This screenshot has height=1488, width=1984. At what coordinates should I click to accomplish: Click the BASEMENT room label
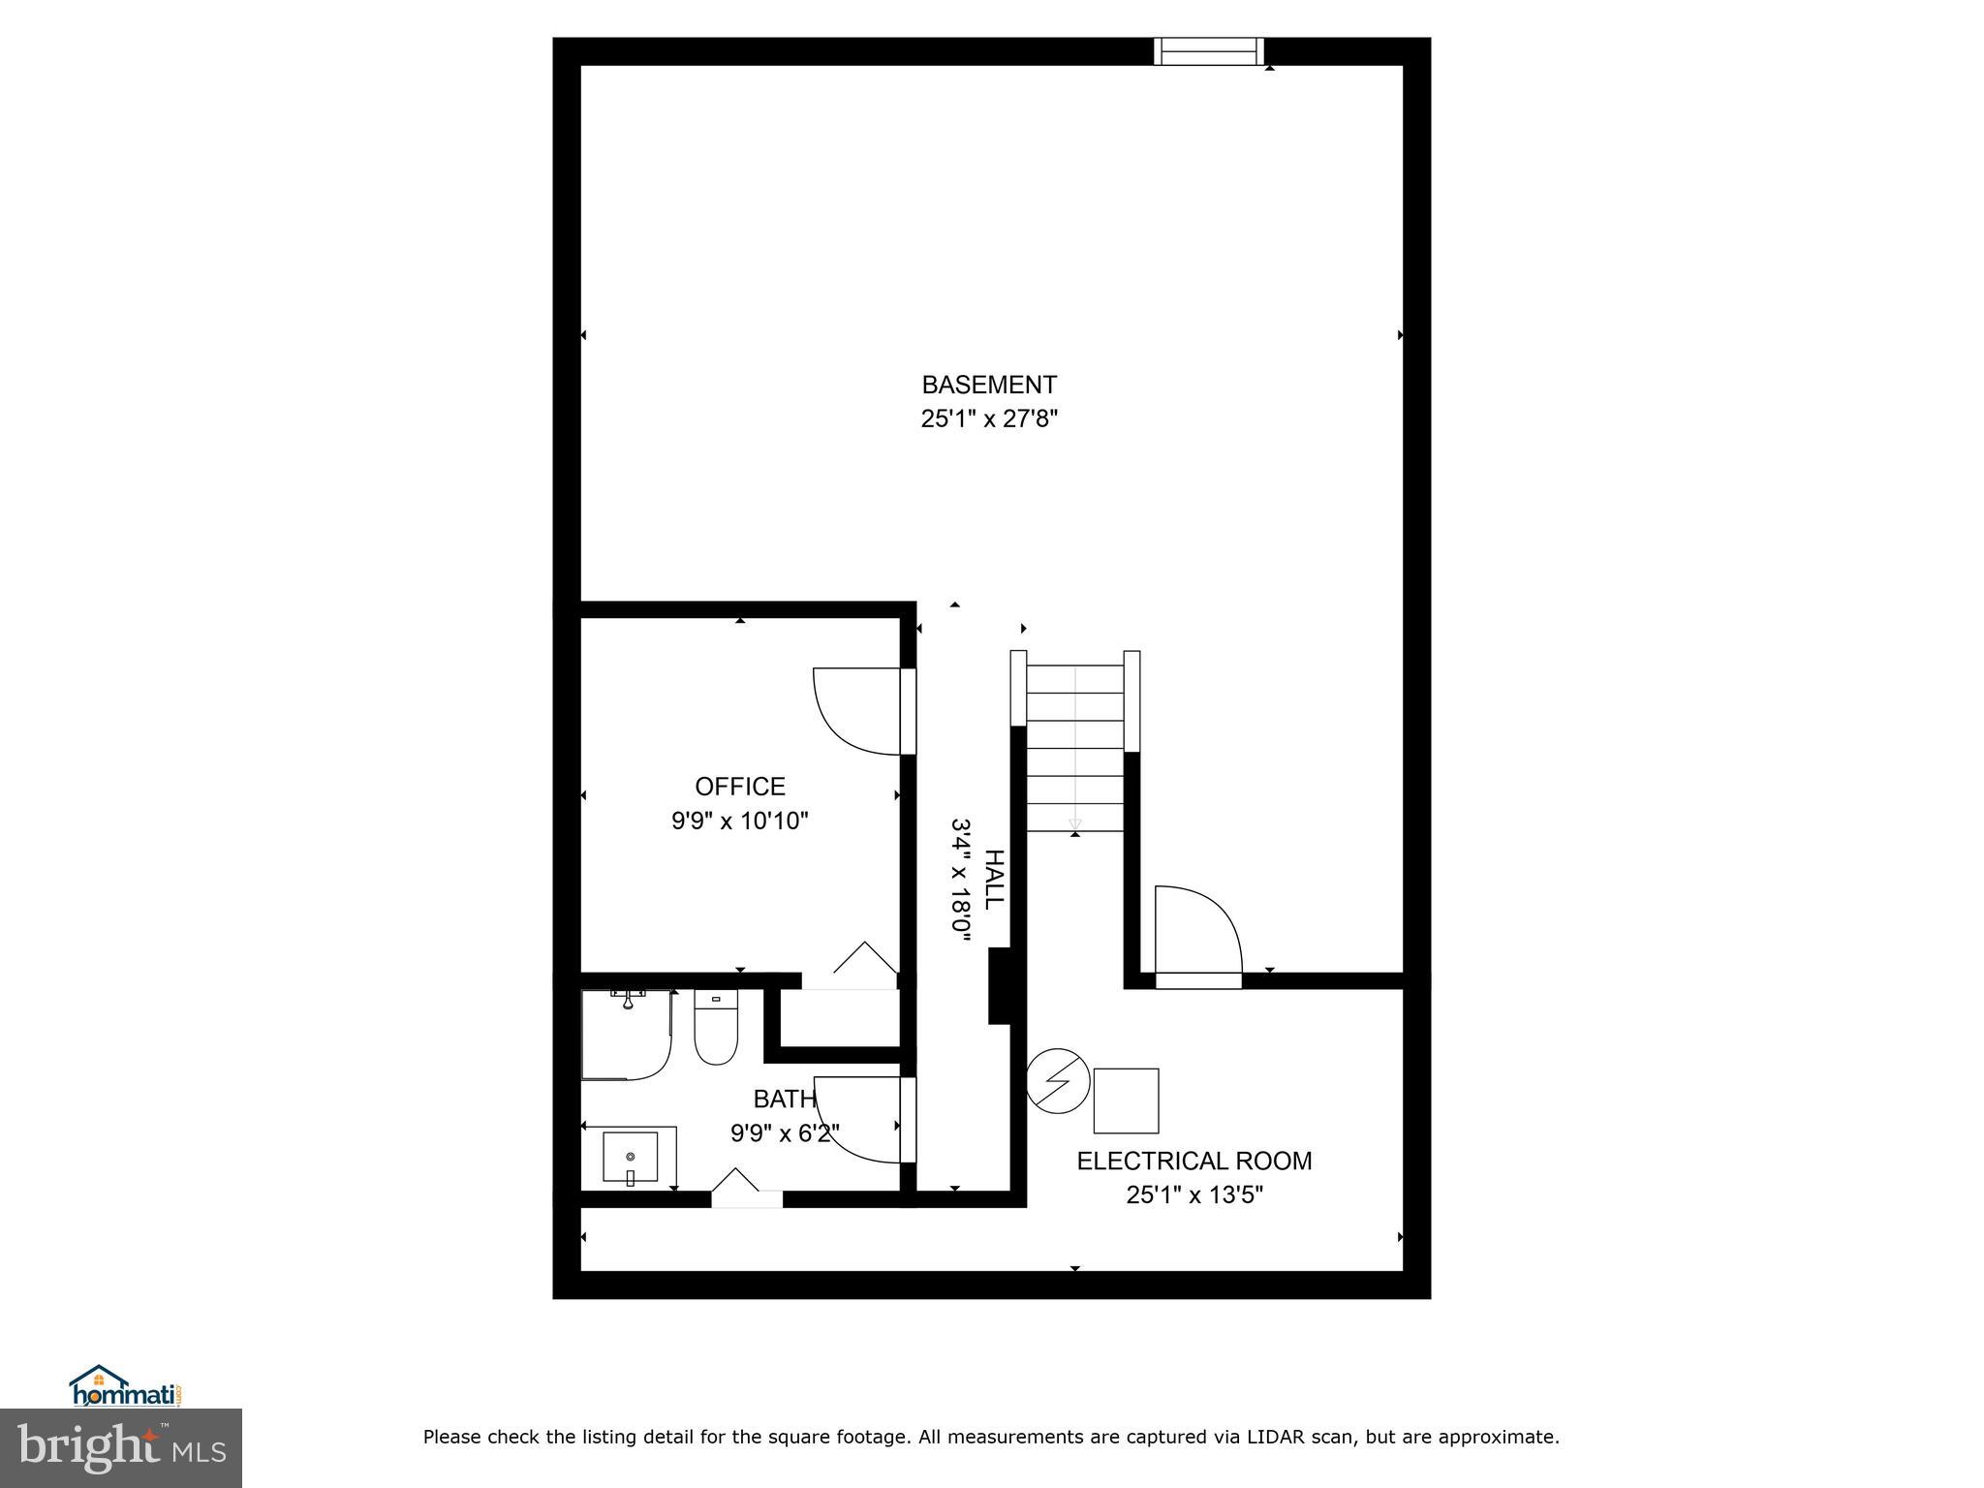[x=988, y=386]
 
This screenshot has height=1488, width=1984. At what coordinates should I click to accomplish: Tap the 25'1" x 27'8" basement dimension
[x=988, y=419]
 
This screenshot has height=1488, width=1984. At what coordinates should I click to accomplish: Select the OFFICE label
[x=739, y=787]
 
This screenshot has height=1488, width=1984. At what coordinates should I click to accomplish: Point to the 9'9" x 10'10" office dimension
[x=739, y=821]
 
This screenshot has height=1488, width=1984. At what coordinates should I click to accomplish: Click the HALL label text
[x=994, y=880]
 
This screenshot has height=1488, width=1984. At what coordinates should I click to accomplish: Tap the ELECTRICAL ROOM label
[x=1193, y=1161]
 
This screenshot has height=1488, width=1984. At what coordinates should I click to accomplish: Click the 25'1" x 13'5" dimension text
[x=1193, y=1195]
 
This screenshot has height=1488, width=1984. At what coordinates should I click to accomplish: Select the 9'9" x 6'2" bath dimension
[x=784, y=1133]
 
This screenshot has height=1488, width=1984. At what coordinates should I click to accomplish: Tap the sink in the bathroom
[x=630, y=1157]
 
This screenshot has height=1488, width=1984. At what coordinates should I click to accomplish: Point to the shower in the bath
[x=625, y=1035]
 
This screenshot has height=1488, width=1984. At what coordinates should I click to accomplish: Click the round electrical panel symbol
[x=1058, y=1081]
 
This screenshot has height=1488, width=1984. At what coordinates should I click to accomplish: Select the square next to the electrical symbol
[x=1126, y=1100]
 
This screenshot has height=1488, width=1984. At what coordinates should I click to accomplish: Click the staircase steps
[x=1074, y=746]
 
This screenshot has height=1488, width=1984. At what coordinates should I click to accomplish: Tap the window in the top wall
[x=1208, y=51]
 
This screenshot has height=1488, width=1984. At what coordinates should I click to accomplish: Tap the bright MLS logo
[x=120, y=1447]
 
